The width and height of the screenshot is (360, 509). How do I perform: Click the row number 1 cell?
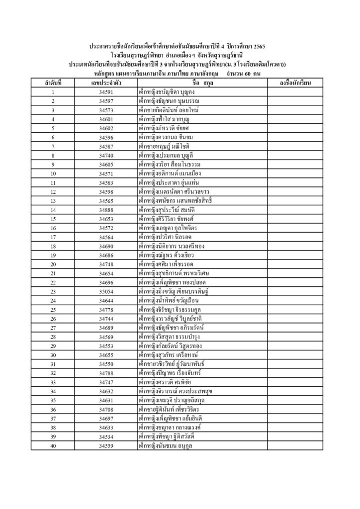click(x=53, y=92)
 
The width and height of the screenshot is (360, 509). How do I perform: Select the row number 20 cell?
click(x=53, y=264)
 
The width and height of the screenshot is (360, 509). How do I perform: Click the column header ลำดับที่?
click(x=53, y=83)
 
